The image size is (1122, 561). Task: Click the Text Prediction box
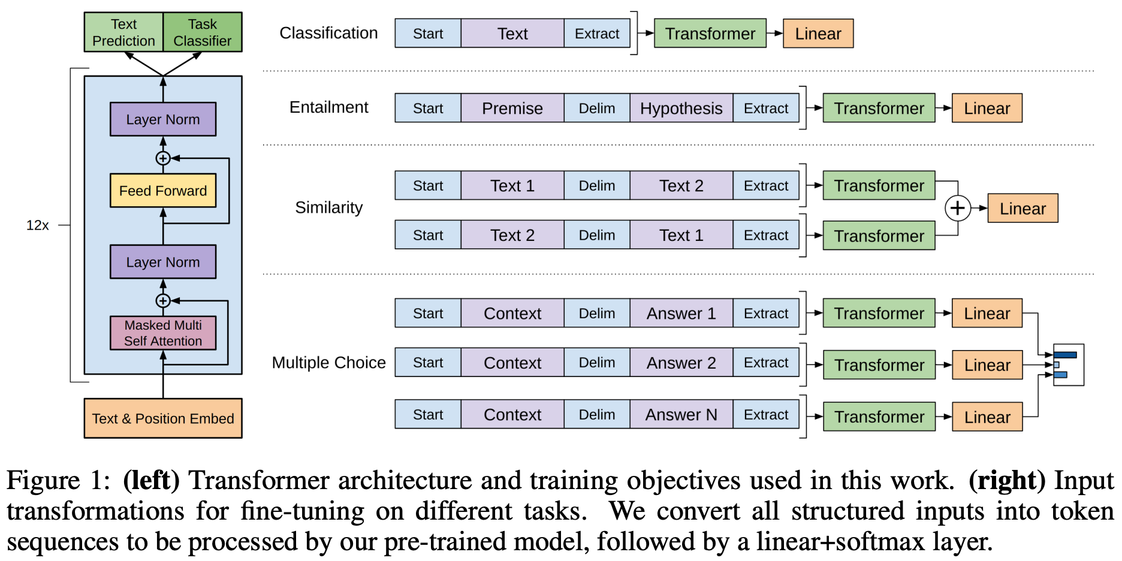pyautogui.click(x=123, y=32)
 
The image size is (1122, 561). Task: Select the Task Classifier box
pyautogui.click(x=203, y=32)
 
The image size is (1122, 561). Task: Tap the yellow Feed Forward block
pyautogui.click(x=163, y=191)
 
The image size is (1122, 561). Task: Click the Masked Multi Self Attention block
pyautogui.click(x=163, y=333)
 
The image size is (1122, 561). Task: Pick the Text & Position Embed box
pyautogui.click(x=163, y=418)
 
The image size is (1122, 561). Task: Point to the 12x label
pyautogui.click(x=37, y=225)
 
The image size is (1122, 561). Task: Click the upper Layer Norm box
pyautogui.click(x=163, y=119)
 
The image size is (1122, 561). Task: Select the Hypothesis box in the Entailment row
pyautogui.click(x=681, y=108)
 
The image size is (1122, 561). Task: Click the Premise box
pyautogui.click(x=512, y=108)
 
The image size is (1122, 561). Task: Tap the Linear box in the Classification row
pyautogui.click(x=818, y=34)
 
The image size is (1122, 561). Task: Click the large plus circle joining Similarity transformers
pyautogui.click(x=957, y=208)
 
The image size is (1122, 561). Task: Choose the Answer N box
pyautogui.click(x=681, y=415)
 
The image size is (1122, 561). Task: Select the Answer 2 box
pyautogui.click(x=681, y=363)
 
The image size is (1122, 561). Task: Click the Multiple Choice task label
pyautogui.click(x=328, y=363)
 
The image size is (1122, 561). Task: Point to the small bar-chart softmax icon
pyautogui.click(x=1068, y=364)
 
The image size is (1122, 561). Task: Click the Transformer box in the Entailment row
pyautogui.click(x=879, y=108)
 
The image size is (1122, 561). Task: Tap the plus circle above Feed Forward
pyautogui.click(x=163, y=158)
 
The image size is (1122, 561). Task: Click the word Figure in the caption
pyautogui.click(x=43, y=481)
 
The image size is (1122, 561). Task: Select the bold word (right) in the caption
pyautogui.click(x=1007, y=481)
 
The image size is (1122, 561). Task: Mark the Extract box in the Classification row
pyautogui.click(x=596, y=34)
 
